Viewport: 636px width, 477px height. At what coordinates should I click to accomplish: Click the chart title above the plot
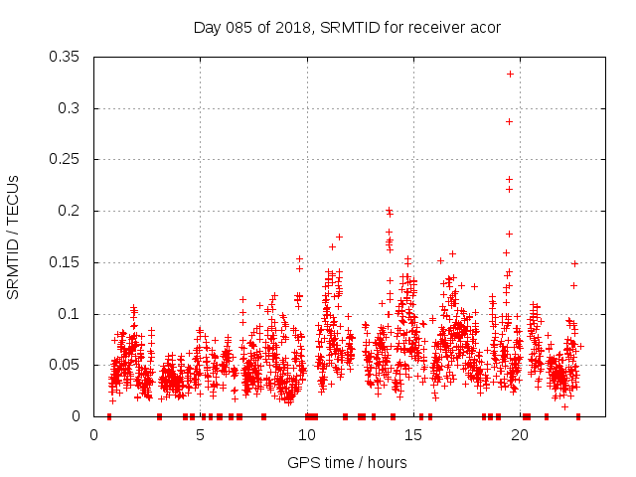click(346, 27)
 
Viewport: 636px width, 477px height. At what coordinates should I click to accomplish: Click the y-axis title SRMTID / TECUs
click(13, 237)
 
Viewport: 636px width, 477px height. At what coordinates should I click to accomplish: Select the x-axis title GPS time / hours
click(347, 462)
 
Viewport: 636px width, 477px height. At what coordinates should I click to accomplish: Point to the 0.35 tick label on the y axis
click(68, 57)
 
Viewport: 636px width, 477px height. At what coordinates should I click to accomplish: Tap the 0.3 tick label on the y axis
click(73, 108)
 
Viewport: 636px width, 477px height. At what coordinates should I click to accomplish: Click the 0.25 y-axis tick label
click(68, 159)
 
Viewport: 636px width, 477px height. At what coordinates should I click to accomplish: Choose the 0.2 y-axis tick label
click(73, 211)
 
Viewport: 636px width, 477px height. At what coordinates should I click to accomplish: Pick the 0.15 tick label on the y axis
click(68, 262)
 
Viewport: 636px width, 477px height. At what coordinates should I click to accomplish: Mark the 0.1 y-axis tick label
click(73, 314)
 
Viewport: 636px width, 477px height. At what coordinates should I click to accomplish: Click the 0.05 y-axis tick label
click(68, 365)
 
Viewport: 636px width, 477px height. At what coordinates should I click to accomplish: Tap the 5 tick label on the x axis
click(201, 434)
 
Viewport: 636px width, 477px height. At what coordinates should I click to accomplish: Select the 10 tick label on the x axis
click(307, 434)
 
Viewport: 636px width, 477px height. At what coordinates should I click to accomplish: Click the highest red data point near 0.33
click(510, 74)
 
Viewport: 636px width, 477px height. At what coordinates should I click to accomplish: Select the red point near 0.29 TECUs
click(510, 121)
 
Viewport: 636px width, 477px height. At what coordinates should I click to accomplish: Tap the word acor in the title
click(485, 27)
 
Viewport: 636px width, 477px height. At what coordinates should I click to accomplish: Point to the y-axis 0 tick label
click(81, 416)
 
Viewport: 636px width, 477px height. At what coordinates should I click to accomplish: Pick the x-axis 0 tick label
click(94, 434)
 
